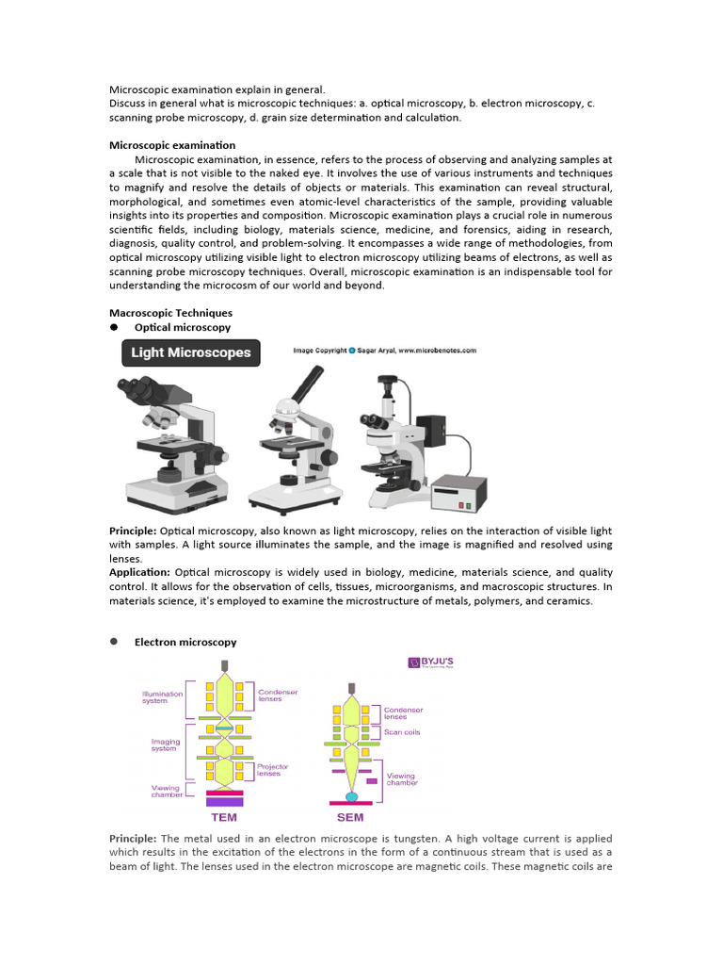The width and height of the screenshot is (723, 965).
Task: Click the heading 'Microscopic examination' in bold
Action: point(172,145)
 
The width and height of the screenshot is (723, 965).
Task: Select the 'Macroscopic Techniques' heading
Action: point(170,312)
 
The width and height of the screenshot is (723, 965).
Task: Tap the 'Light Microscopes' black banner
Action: point(191,353)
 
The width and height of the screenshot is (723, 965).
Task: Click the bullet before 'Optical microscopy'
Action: point(114,327)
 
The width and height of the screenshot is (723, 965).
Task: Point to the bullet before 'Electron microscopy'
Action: point(114,642)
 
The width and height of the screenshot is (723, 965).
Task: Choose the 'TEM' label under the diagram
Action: point(224,817)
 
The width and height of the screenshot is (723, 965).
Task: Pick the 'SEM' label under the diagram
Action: point(350,817)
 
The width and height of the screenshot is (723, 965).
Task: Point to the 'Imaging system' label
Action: point(165,745)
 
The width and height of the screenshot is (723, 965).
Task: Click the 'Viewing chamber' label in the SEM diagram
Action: point(401,779)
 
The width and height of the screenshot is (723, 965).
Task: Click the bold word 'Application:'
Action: point(140,572)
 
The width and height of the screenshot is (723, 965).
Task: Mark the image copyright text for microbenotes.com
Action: point(385,350)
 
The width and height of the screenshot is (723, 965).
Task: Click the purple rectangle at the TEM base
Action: point(218,802)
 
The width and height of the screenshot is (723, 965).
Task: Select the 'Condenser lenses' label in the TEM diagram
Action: point(278,695)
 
